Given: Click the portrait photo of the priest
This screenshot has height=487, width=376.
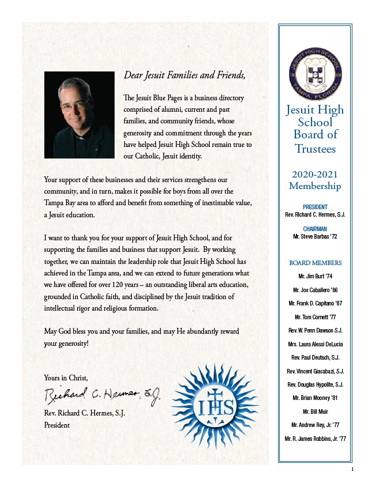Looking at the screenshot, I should [79, 115].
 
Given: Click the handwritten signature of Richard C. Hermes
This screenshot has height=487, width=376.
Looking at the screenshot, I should [102, 395].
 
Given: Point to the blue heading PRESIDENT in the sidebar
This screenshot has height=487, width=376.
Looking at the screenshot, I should [315, 207].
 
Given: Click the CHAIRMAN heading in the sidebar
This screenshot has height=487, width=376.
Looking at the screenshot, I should [315, 228].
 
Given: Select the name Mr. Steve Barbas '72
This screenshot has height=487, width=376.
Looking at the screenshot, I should [315, 236].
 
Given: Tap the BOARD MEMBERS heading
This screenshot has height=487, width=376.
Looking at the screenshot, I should [315, 263].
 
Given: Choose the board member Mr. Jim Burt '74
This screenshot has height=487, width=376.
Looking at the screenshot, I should [315, 277].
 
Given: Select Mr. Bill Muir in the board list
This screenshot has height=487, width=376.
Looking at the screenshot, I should [315, 412].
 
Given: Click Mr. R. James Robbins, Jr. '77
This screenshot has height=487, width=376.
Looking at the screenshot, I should [315, 439].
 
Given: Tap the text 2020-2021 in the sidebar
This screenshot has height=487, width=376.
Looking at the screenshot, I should [315, 174].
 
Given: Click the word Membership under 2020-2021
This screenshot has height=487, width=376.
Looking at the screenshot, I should [315, 186].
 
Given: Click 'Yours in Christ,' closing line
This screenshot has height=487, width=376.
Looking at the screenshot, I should [66, 377].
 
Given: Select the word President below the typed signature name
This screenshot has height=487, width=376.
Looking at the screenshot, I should [56, 425].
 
